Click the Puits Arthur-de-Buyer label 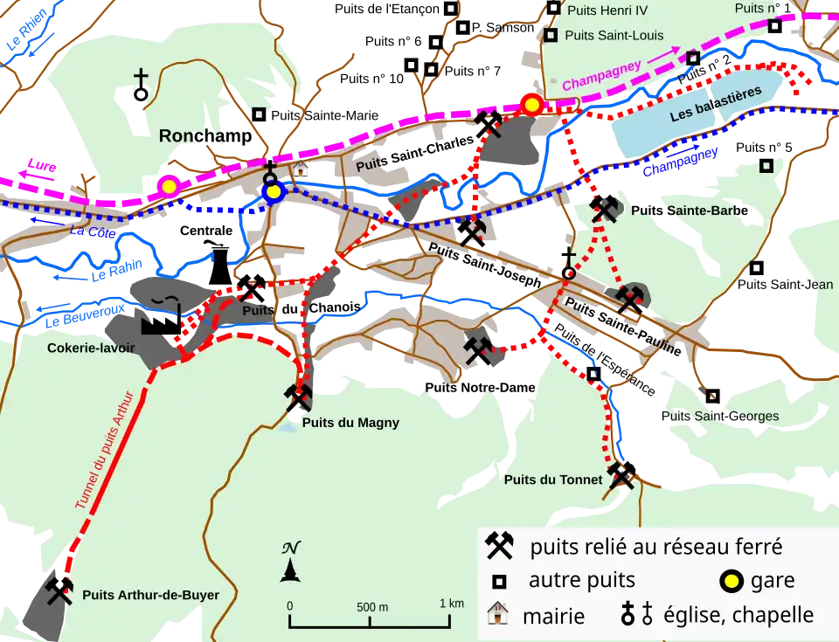coord(150,596)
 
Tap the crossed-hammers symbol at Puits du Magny coord(299,398)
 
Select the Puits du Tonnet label coord(552,480)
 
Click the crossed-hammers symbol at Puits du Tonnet coord(621,474)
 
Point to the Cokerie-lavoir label coord(91,348)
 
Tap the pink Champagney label coord(601,75)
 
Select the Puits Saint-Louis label coord(614,36)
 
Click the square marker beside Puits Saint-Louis coord(551,36)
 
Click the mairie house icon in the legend coord(497,614)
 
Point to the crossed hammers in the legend coord(499,546)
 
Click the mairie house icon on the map coord(300,168)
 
